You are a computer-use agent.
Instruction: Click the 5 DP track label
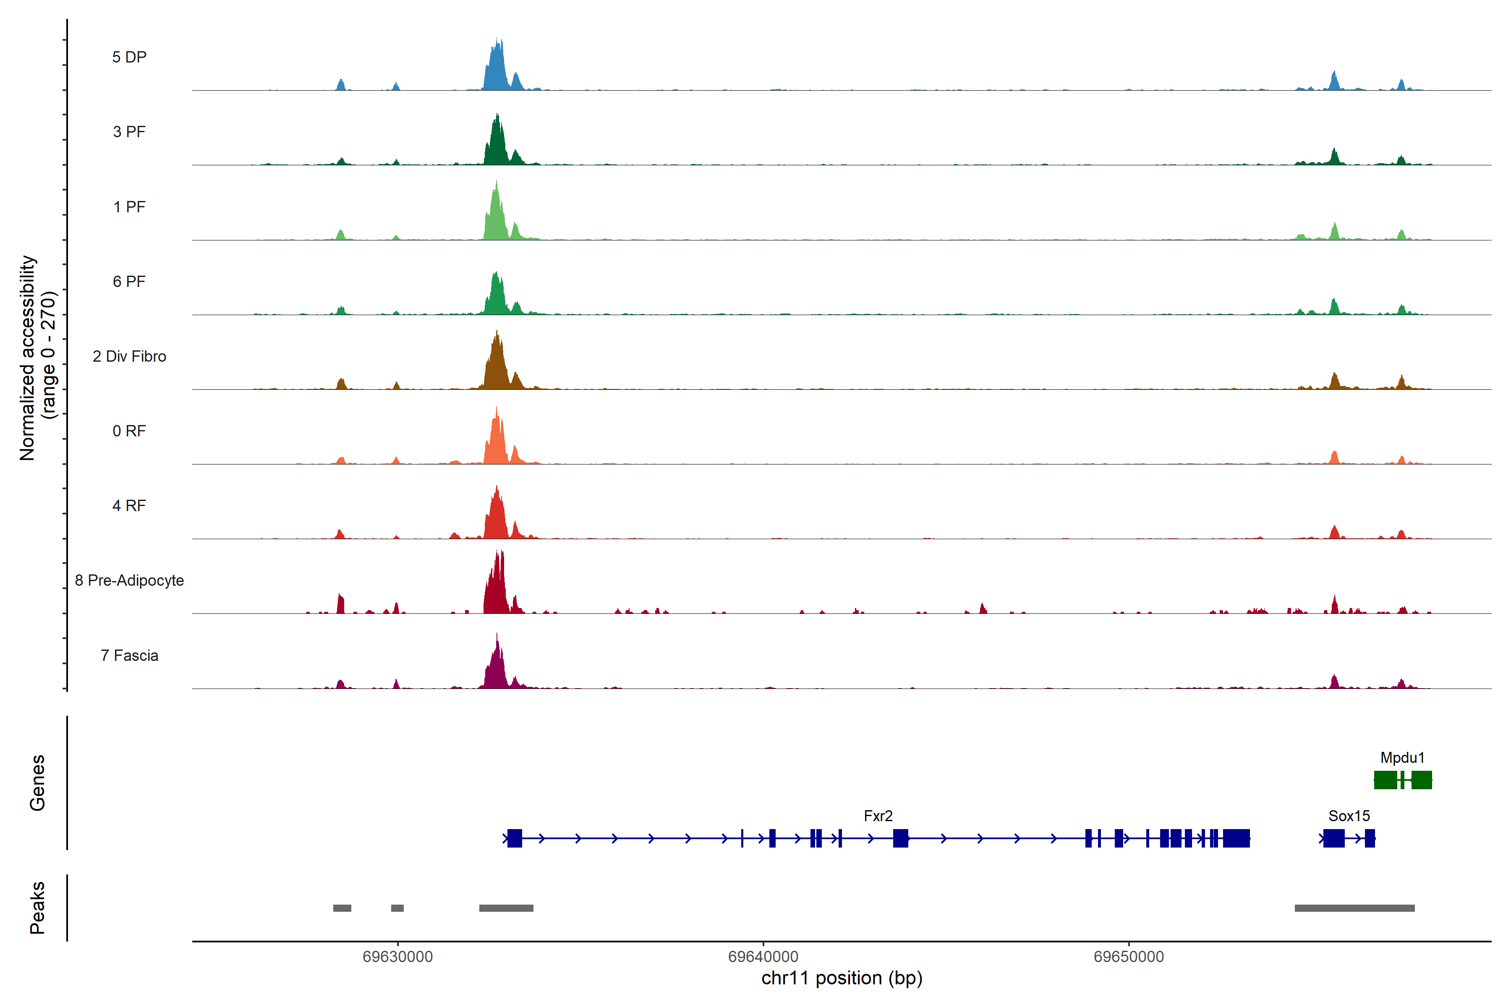129,57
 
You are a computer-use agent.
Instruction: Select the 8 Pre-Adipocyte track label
129,581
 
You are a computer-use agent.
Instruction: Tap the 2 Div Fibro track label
129,356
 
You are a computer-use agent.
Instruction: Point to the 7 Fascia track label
129,656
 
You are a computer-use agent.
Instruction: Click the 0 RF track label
129,431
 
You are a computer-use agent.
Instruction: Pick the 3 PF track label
129,132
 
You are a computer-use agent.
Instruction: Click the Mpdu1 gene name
1402,758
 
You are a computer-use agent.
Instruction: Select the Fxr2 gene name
878,816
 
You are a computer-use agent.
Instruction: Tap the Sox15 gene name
1349,816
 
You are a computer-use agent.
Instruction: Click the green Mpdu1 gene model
1402,780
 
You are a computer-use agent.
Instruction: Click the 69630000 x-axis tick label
397,957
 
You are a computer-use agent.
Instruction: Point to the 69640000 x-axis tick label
763,957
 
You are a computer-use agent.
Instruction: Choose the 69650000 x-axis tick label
1128,957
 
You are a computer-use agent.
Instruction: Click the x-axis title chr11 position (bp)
842,978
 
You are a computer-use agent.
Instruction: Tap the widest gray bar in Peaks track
1354,908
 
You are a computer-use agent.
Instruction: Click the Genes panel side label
37,783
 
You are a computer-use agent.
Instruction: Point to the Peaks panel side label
37,908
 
